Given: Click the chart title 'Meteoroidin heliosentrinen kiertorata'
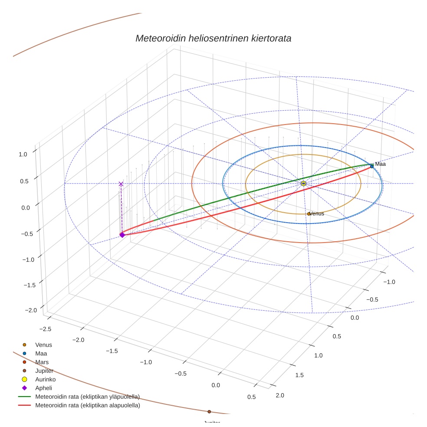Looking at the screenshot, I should [x=213, y=38].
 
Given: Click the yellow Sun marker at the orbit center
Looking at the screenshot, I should [x=303, y=184].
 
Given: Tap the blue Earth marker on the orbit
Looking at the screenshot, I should [x=372, y=166].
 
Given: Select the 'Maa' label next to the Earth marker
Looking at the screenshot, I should [x=381, y=164].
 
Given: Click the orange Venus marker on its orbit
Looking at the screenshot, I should [x=309, y=213].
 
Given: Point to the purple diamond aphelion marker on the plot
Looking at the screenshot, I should [x=122, y=235].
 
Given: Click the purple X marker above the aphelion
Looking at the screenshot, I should [x=121, y=184].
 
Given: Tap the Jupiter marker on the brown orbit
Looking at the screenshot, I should [x=209, y=411].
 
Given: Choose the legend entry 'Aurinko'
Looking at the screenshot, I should [x=45, y=379].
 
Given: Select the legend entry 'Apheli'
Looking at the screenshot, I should [x=43, y=388].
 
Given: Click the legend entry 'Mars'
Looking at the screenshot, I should [x=42, y=362].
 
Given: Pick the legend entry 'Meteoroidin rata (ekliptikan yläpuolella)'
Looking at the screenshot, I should [x=87, y=397].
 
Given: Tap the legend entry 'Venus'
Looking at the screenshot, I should [x=43, y=345].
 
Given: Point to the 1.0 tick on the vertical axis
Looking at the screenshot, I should [x=23, y=154].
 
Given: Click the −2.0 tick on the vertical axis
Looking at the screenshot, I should [x=31, y=310].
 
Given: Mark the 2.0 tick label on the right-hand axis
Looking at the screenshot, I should [x=280, y=395].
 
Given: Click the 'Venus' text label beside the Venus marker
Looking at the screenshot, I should [x=318, y=213].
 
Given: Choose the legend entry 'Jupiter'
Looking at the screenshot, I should [x=44, y=371].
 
